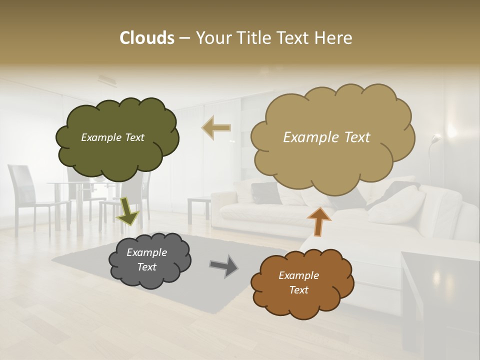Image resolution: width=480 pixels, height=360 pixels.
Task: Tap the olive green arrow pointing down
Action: (x=127, y=211)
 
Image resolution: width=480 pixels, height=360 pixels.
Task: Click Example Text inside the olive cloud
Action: (x=112, y=137)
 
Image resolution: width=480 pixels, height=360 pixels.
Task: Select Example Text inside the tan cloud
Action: (x=326, y=137)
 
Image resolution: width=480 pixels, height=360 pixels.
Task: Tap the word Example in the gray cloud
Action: (x=146, y=252)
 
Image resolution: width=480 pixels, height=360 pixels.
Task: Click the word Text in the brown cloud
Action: (x=298, y=290)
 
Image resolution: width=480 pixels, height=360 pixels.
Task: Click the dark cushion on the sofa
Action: (x=265, y=192)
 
